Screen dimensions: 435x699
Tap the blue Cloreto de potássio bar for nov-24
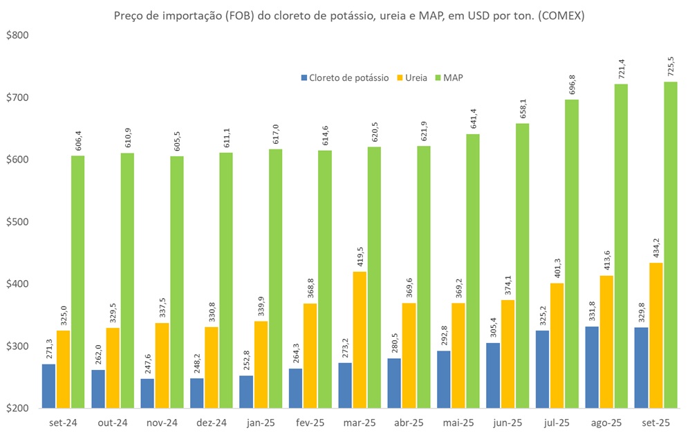click(x=147, y=394)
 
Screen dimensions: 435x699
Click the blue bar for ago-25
click(x=592, y=367)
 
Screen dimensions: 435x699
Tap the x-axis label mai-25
click(x=458, y=422)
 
